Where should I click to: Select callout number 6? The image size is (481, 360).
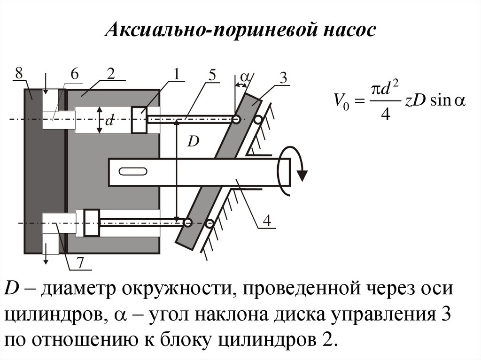75,74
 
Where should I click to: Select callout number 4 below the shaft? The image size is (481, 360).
267,220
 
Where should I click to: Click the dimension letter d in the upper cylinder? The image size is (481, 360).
109,121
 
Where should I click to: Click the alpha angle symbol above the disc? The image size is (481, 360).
246,76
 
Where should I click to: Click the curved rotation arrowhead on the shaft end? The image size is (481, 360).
303,176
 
